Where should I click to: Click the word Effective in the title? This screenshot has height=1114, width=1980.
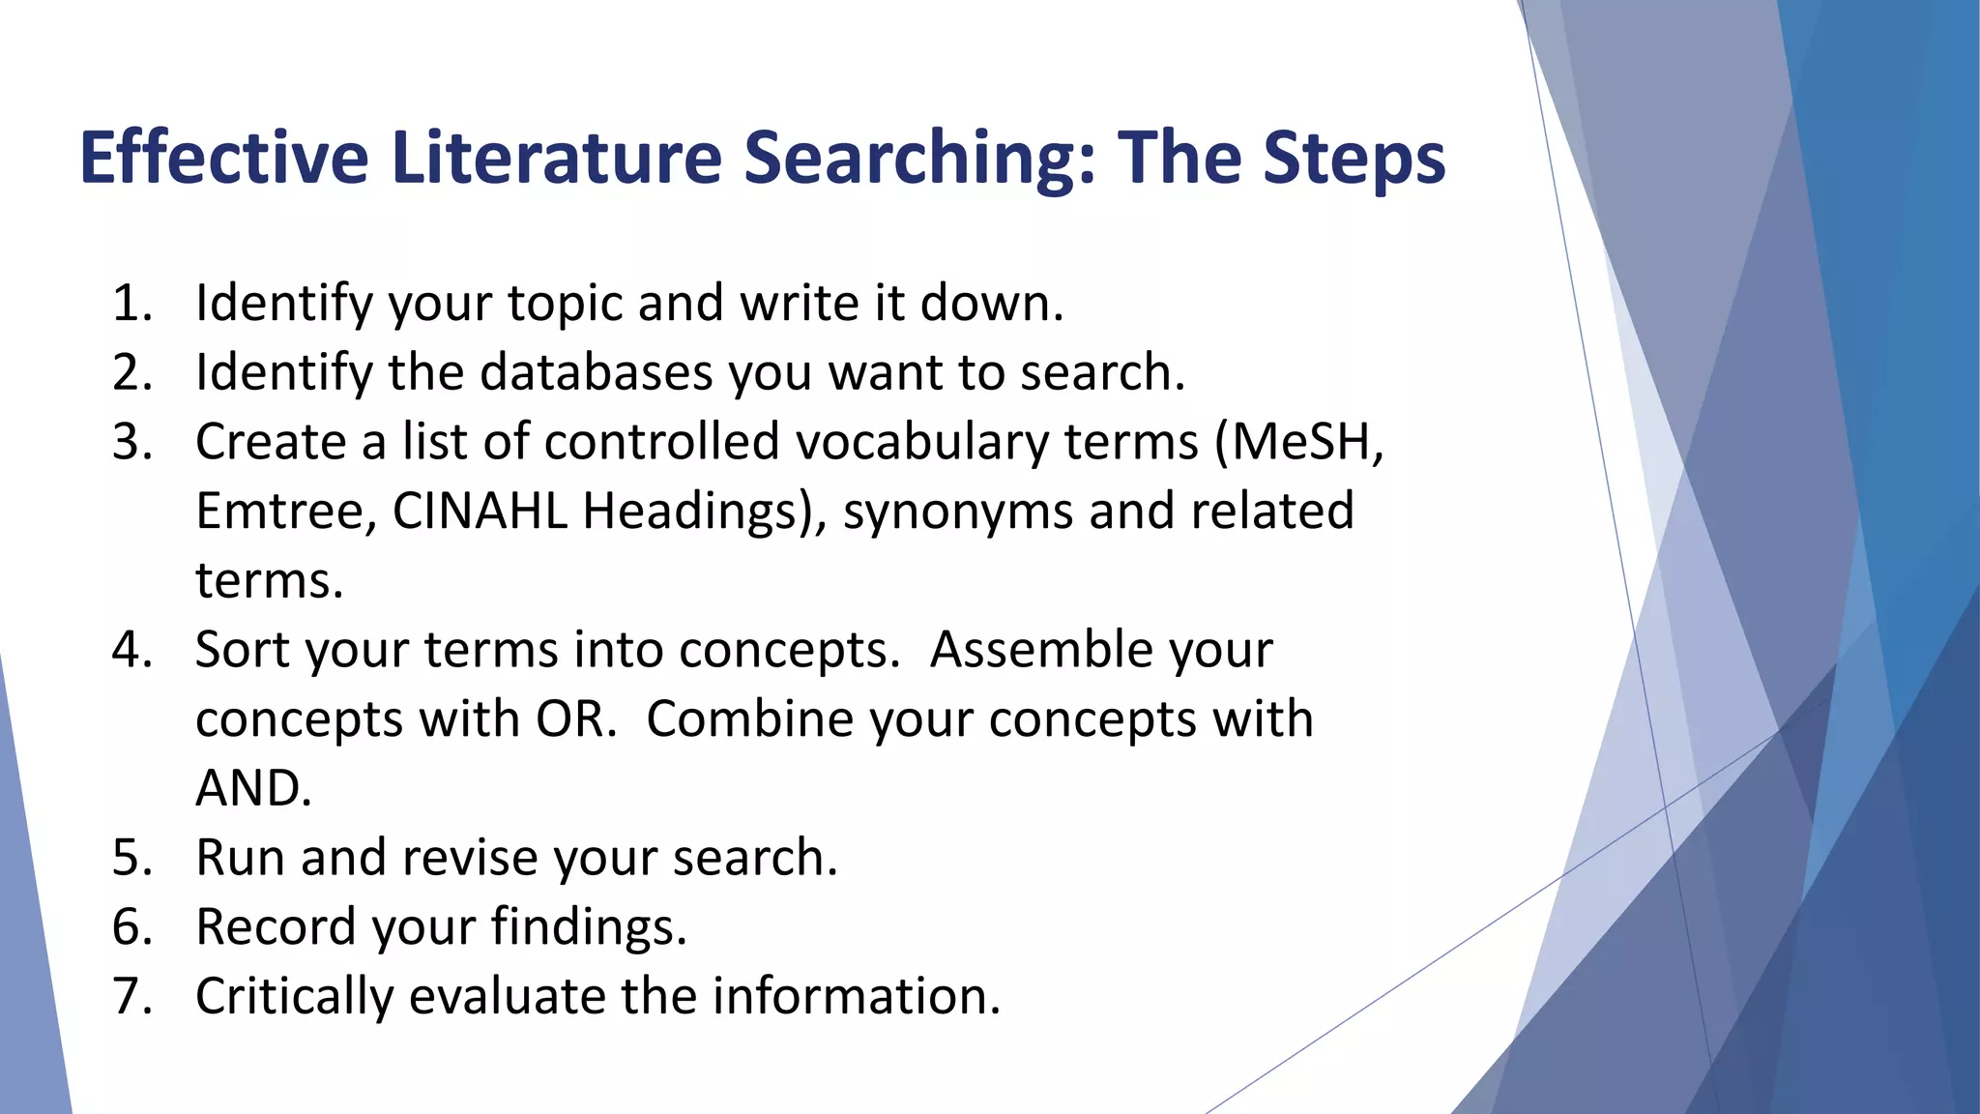tap(223, 158)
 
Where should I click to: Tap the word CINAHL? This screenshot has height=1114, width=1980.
tap(480, 512)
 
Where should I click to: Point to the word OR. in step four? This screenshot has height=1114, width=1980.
tap(576, 719)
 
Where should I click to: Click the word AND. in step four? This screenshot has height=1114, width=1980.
tap(253, 789)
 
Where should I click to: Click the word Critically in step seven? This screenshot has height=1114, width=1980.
tap(294, 997)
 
